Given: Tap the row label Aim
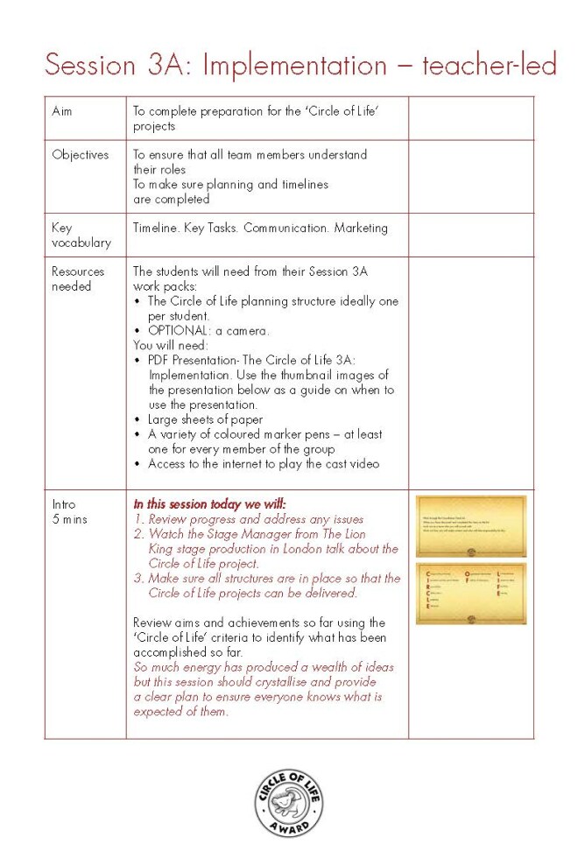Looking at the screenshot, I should coord(61,111).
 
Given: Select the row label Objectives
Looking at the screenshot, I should coord(80,155).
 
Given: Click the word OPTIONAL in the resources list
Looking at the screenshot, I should coord(179,331).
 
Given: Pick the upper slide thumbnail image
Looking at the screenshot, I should coord(471,525).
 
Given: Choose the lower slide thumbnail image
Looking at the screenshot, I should coord(471,593).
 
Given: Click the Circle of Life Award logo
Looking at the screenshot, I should coord(289,802).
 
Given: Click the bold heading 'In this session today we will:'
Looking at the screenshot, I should coord(209,504).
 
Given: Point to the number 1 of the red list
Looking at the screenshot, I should coord(137,519).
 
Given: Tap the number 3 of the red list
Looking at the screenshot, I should coord(137,578).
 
